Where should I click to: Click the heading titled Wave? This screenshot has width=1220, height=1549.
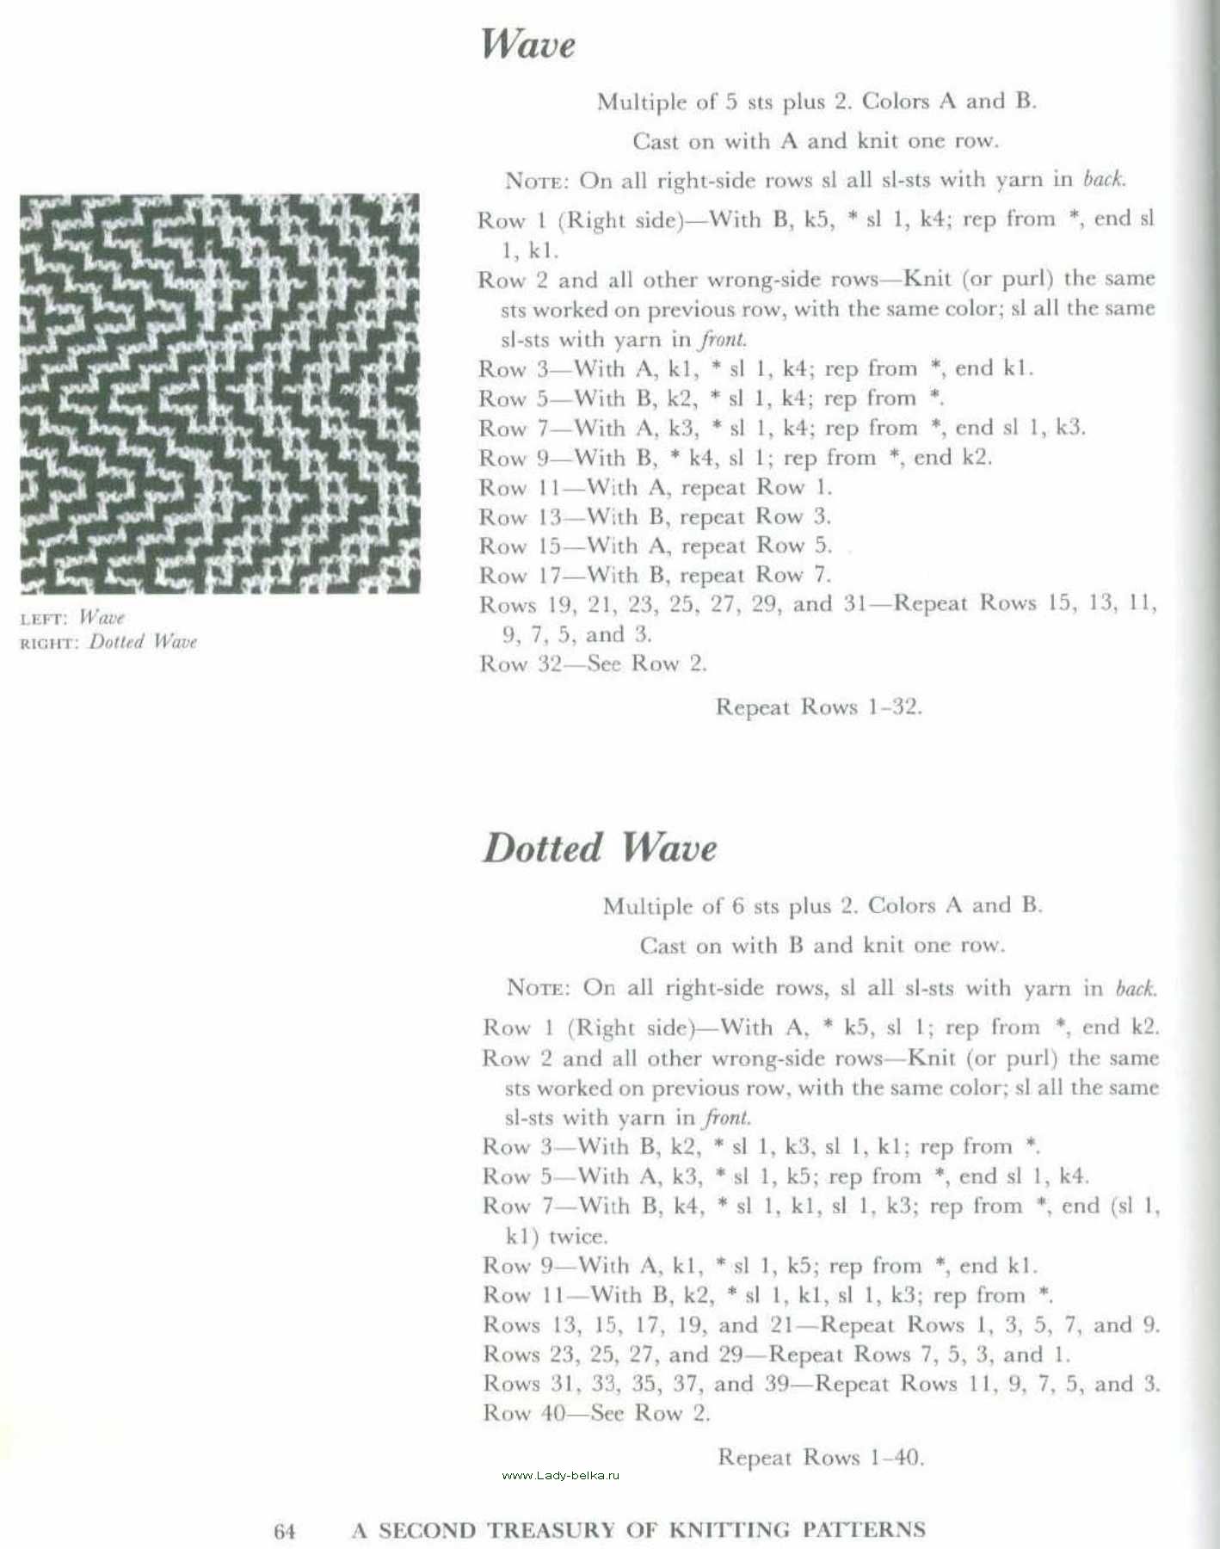point(527,44)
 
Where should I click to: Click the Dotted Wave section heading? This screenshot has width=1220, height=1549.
point(599,848)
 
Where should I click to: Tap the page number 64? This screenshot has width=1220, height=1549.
point(285,1531)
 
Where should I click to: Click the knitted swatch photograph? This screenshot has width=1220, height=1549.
point(219,393)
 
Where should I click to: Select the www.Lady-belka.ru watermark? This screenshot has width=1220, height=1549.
point(560,1475)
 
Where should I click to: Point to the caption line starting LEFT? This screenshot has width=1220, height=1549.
point(72,618)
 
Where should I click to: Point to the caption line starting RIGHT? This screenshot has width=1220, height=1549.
point(108,642)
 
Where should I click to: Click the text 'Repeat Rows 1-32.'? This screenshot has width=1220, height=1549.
point(818,707)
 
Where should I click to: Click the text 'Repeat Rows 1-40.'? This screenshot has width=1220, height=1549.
point(821,1458)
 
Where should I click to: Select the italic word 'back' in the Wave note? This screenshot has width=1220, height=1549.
point(1104,179)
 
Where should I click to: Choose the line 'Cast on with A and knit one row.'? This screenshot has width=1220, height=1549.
point(816,140)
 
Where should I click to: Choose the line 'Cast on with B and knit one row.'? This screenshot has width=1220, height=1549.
point(822,946)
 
